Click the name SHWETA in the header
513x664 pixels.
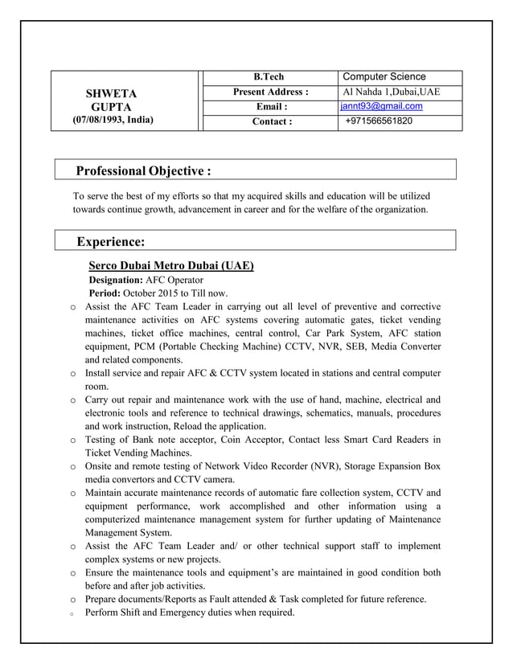click(x=112, y=93)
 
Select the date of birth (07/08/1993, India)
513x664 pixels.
click(x=113, y=120)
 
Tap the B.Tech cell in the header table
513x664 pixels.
click(x=269, y=77)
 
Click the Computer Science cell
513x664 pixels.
click(x=384, y=76)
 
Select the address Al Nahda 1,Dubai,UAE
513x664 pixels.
click(x=391, y=92)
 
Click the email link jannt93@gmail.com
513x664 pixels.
click(x=381, y=106)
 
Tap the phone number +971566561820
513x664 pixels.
click(x=378, y=121)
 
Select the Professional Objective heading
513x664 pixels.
click(x=143, y=170)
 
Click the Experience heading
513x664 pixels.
click(x=110, y=241)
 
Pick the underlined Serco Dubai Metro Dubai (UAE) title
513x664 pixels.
click(x=170, y=265)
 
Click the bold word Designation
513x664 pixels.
click(x=115, y=280)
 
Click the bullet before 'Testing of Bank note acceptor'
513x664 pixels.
click(x=72, y=441)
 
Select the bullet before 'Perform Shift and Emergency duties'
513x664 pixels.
click(x=72, y=613)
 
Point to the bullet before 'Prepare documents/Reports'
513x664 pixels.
click(x=72, y=600)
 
